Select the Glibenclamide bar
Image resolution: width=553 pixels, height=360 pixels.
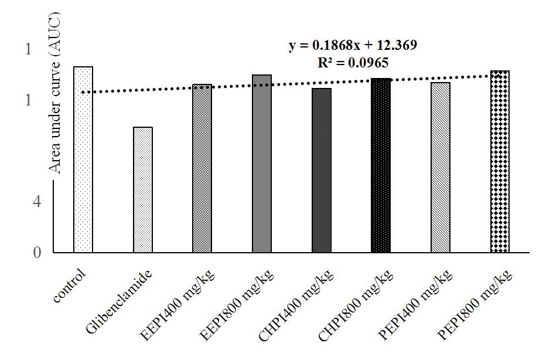(x=143, y=190)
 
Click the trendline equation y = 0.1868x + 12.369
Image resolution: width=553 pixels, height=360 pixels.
(x=353, y=46)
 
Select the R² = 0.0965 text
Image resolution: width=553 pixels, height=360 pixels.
(x=353, y=62)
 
